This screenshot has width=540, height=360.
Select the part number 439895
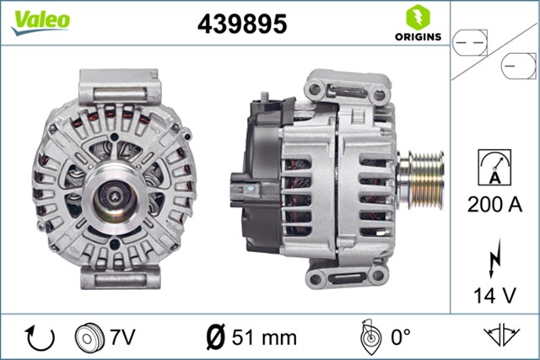tap(242, 24)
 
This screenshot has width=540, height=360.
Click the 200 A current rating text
tap(494, 203)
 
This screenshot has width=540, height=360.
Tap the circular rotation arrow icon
tap(40, 337)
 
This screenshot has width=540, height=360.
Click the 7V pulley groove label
tap(123, 337)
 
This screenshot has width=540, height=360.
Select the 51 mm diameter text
tap(263, 337)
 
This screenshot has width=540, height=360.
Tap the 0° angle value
tap(398, 337)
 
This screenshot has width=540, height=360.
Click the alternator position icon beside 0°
tap(368, 337)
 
